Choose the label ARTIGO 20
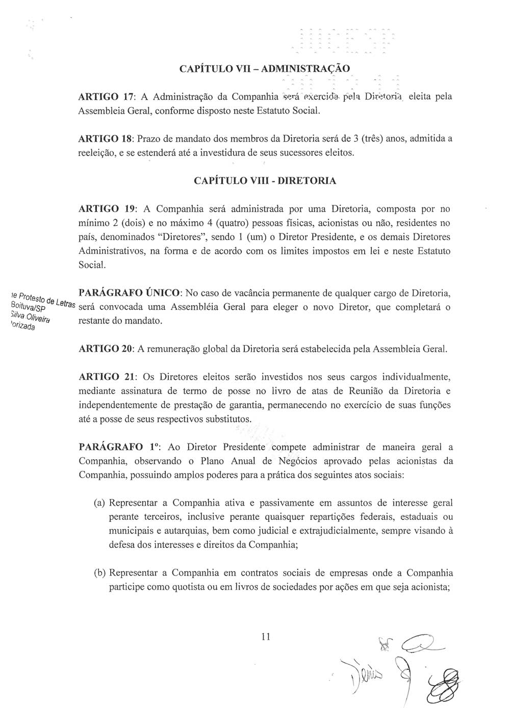(x=106, y=350)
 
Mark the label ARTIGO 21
(x=106, y=378)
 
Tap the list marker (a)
(x=99, y=503)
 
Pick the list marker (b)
(x=99, y=573)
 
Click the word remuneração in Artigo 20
(x=173, y=350)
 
